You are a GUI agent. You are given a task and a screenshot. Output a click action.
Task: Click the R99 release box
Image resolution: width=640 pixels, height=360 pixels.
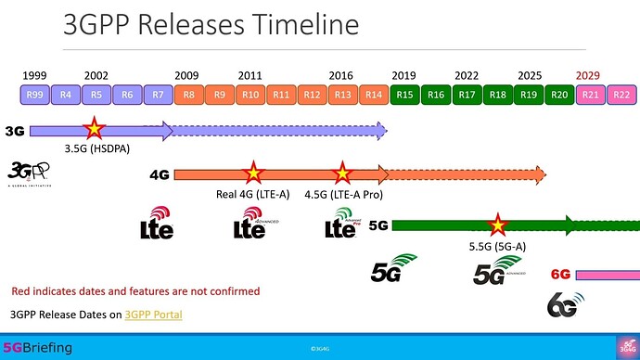coord(35,94)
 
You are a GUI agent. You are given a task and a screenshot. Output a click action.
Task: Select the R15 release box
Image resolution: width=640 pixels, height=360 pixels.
coord(404,94)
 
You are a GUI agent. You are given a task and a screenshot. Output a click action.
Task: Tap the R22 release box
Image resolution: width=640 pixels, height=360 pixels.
coord(621,94)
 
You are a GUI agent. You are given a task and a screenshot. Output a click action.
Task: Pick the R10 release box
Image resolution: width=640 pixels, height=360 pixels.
coord(250,94)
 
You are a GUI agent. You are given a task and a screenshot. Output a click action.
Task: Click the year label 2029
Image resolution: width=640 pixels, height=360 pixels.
coord(589,75)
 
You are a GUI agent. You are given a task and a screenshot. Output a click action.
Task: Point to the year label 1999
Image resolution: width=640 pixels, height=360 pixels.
coord(35,75)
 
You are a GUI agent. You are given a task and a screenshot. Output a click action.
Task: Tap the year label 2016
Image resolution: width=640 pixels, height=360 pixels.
coord(341,75)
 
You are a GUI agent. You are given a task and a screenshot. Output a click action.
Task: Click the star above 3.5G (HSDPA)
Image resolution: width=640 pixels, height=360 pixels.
coord(94,130)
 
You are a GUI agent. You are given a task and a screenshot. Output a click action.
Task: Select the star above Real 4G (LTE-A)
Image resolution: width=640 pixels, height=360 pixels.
coord(251,173)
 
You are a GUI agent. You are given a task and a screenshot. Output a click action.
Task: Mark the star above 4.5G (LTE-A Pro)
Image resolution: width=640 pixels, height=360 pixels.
coord(342,173)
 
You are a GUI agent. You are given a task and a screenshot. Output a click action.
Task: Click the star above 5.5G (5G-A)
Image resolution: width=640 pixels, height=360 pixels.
coord(498,224)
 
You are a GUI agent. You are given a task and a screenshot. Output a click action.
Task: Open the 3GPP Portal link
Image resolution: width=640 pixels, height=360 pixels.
coord(153,315)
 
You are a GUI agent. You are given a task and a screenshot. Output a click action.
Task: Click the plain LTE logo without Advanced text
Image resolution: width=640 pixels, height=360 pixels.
coord(156,224)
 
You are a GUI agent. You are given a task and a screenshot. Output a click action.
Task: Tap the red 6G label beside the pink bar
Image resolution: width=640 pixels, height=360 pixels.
coord(560,274)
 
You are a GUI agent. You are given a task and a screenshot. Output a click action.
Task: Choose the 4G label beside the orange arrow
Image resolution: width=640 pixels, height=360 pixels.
coord(159,174)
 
